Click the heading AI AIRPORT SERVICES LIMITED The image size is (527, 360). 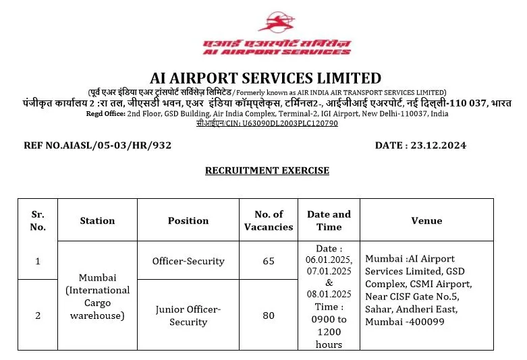pos(265,78)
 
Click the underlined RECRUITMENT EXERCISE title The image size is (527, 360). pos(267,171)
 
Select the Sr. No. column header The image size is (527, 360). pos(38,220)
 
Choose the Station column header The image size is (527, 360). pos(97,220)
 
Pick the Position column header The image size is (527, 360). pos(188,220)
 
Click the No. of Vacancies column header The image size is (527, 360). pos(269,220)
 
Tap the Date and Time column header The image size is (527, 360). pos(329,220)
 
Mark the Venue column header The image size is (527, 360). pos(426,220)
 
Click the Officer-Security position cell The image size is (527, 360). pos(188,261)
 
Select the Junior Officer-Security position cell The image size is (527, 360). pos(188,316)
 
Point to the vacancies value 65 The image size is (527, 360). pos(269,261)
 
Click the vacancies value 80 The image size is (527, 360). pos(269,316)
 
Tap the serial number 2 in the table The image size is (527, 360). pos(38,316)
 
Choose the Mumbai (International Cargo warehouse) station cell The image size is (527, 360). pos(97,297)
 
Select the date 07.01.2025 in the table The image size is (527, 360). pos(329,272)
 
